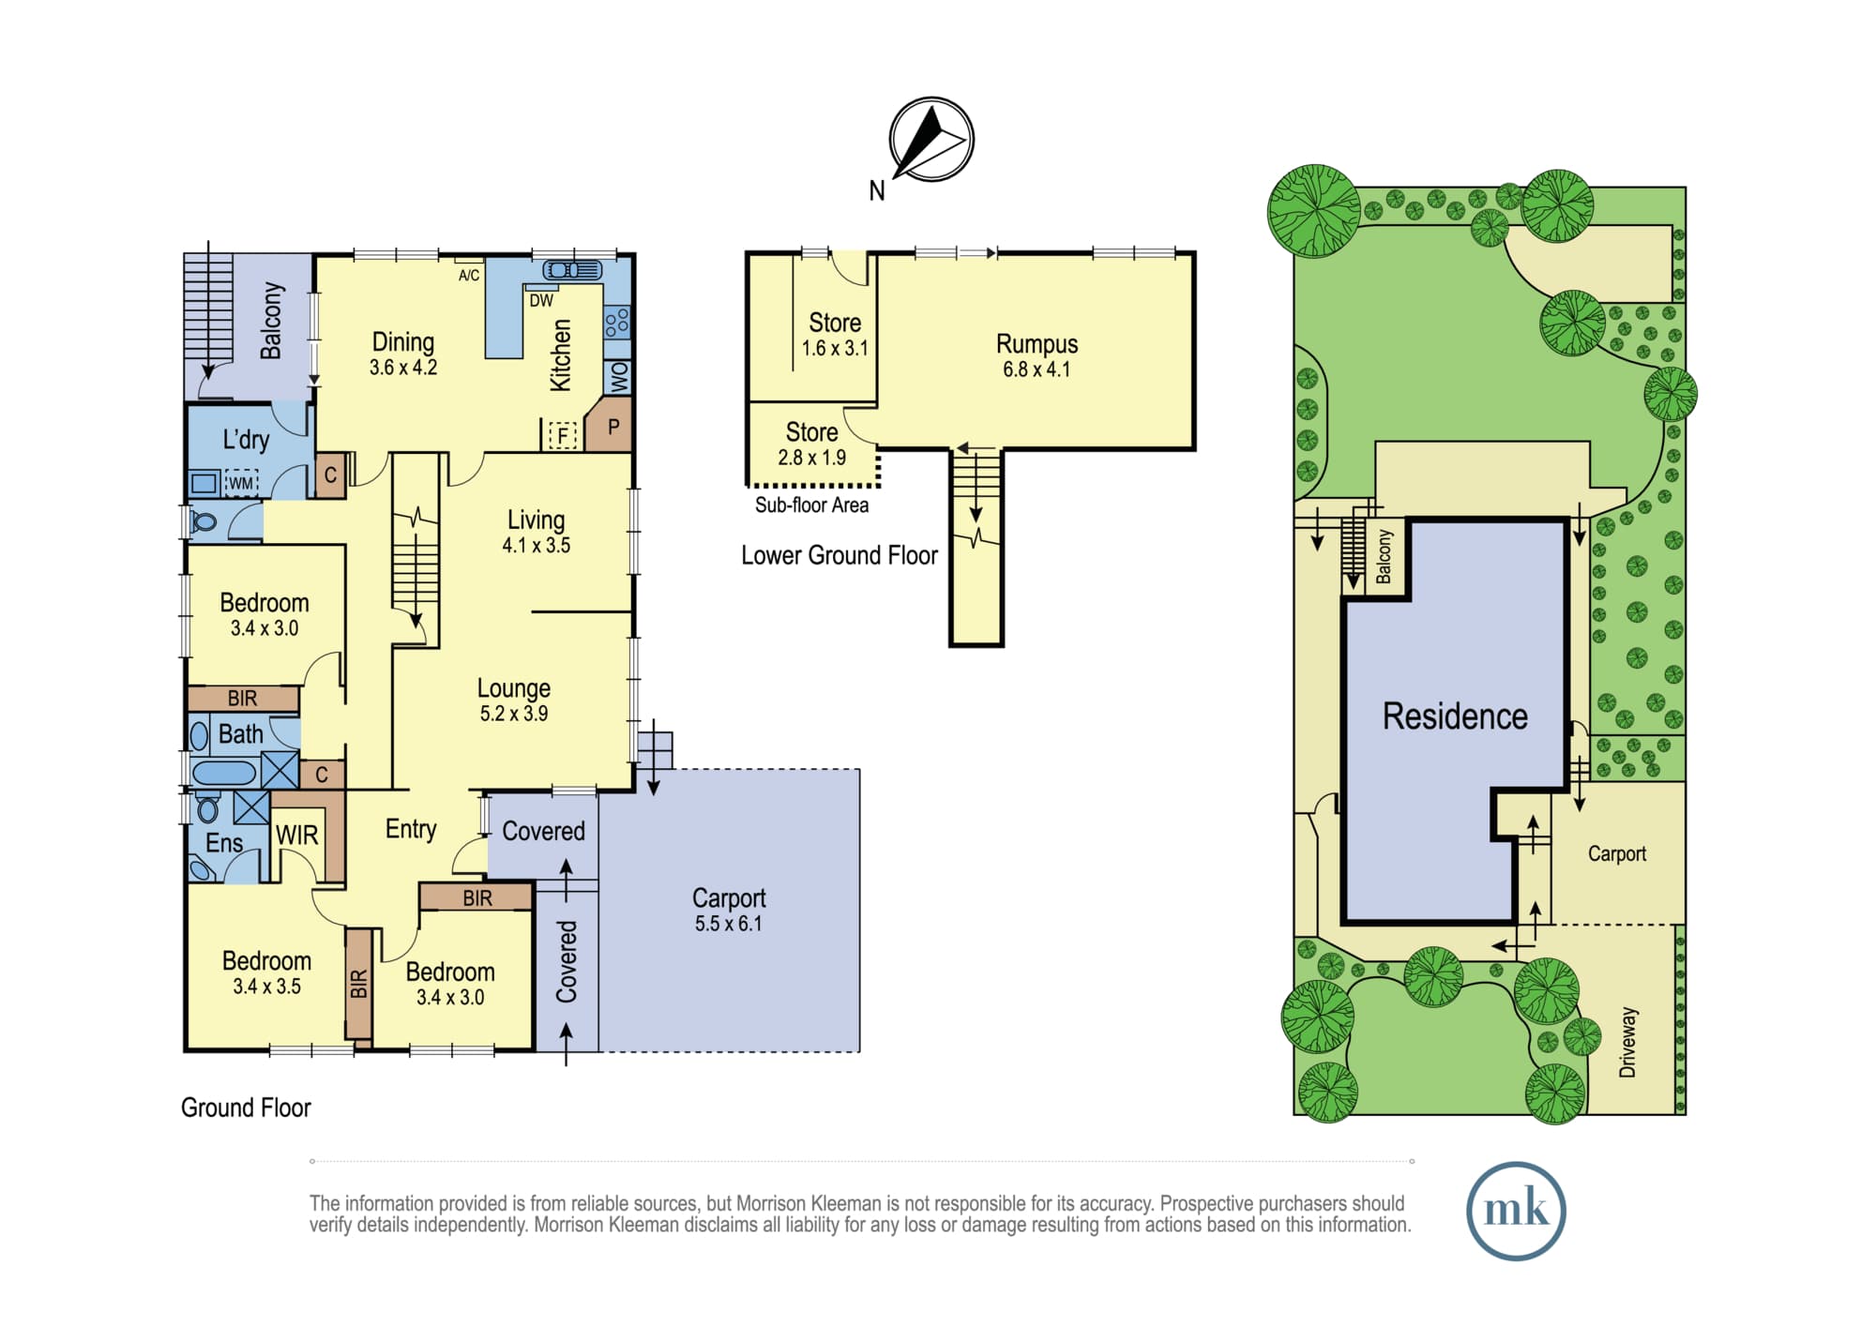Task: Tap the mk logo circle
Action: point(1516,1210)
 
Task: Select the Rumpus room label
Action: point(1036,344)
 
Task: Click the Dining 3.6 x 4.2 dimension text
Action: point(403,368)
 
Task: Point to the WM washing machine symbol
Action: point(241,483)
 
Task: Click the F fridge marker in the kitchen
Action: point(562,435)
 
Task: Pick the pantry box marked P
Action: point(609,426)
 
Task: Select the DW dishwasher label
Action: point(541,301)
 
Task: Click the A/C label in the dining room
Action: point(469,275)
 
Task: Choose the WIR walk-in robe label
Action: point(296,836)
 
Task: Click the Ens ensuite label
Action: point(224,843)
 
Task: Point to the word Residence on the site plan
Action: point(1455,716)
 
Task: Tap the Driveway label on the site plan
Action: point(1627,1042)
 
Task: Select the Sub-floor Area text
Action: point(811,505)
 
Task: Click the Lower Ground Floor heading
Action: point(840,555)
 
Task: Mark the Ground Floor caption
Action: point(246,1108)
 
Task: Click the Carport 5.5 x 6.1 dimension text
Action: point(729,924)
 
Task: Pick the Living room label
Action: point(536,520)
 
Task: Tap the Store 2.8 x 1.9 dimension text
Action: point(811,458)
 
